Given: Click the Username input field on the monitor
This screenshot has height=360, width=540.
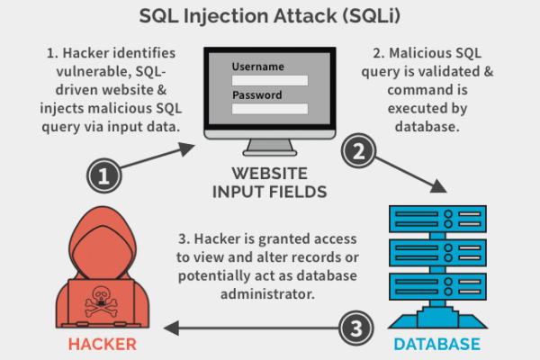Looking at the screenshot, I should click(270, 80).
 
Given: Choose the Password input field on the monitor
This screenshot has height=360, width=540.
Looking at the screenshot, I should click(270, 109).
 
